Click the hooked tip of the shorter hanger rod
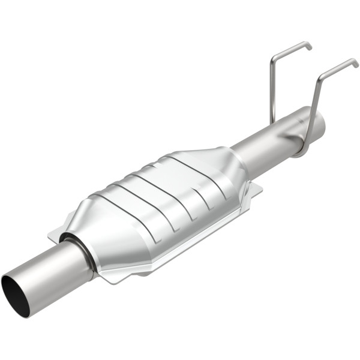coord(308,44)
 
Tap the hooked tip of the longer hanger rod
coord(355,62)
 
